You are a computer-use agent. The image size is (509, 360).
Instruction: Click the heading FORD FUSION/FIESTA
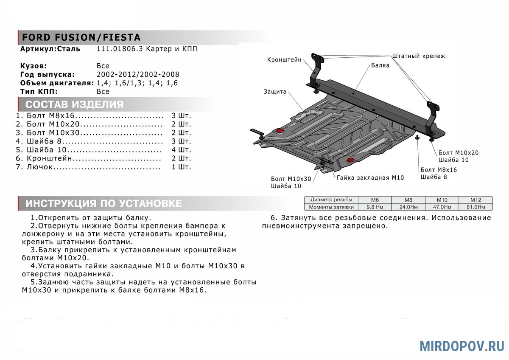(81, 37)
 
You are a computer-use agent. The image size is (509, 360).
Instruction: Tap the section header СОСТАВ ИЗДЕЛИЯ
(74, 105)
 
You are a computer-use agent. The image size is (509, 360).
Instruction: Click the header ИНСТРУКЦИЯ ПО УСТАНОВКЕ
(103, 203)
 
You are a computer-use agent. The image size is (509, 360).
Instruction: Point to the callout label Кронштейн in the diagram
(284, 60)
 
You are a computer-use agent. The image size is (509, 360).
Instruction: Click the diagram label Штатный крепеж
(419, 56)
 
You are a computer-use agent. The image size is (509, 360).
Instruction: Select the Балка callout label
(380, 65)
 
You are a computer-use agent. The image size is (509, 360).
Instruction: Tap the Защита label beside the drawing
(275, 91)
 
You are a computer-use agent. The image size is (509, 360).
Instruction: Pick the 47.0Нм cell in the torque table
(442, 207)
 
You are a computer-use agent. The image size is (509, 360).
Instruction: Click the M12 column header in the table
(475, 200)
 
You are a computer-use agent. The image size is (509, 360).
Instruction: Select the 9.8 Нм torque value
(375, 207)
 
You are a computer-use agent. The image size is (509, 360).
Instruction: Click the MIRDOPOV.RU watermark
(462, 346)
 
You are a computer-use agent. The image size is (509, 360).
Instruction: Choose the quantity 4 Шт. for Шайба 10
(182, 150)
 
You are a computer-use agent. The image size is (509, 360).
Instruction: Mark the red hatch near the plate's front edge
(351, 160)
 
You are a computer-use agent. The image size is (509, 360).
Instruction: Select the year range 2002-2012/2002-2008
(138, 74)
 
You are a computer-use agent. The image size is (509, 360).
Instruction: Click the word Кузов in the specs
(34, 66)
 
